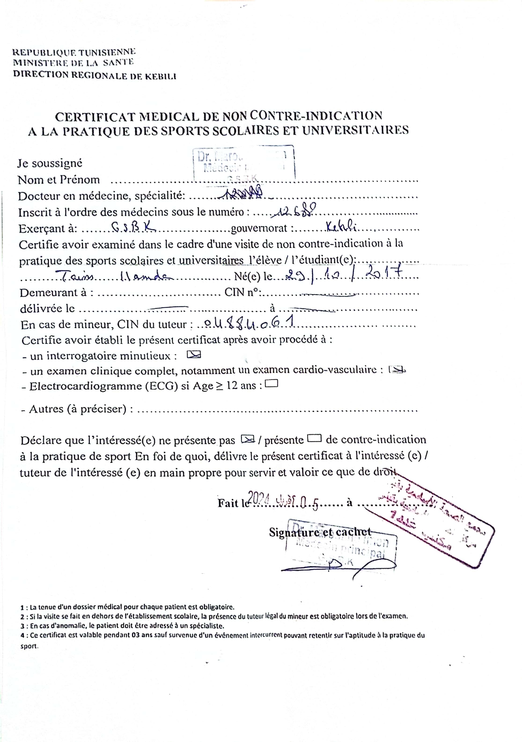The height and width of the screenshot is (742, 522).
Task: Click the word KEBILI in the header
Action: tap(160, 76)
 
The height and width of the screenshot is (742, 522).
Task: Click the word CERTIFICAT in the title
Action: tap(96, 117)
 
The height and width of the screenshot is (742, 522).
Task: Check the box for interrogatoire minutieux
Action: tap(194, 355)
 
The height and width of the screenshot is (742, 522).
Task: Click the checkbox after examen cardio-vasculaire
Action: tap(397, 370)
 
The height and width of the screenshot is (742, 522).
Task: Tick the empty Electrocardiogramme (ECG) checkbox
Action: tap(271, 384)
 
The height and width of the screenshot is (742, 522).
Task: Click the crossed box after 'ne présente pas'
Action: tap(248, 439)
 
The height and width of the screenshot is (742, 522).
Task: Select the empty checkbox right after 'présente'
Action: tap(314, 438)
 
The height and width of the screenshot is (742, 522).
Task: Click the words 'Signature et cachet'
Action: tap(320, 532)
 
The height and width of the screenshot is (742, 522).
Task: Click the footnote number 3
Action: tap(22, 626)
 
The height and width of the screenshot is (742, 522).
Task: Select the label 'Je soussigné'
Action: tap(50, 163)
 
